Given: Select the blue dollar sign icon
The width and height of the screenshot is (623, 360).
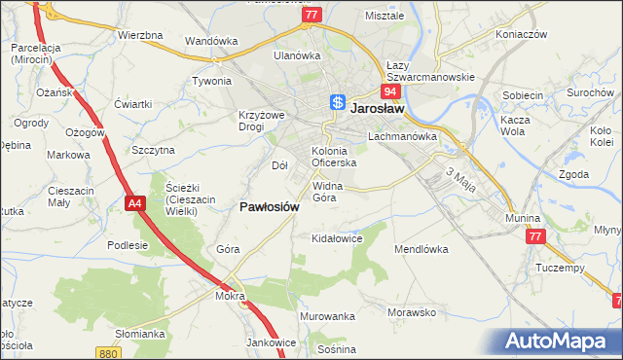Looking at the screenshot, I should tap(337, 101).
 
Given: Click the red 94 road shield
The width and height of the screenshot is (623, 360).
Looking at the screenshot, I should tap(390, 91).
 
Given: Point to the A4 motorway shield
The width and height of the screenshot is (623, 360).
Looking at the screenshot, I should tap(134, 201).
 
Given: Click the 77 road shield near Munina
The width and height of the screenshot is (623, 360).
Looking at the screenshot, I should tap(534, 236).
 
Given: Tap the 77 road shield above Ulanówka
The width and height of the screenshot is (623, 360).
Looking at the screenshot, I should tap(311, 16).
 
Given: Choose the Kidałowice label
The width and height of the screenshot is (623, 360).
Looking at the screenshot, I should tap(336, 237).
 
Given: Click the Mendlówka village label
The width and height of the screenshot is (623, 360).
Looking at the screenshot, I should tap(421, 249).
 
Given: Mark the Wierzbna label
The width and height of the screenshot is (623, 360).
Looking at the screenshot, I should tap(140, 35).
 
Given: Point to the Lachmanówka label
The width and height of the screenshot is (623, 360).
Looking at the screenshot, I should tap(400, 137).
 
